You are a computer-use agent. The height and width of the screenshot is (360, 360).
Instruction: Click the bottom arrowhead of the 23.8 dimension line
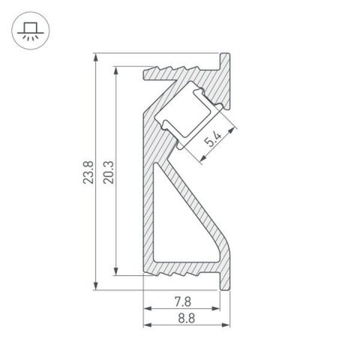(97, 284)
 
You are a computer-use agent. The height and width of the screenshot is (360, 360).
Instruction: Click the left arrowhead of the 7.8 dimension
(146, 309)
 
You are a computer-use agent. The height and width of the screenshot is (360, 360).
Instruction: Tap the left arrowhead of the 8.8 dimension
(146, 325)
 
